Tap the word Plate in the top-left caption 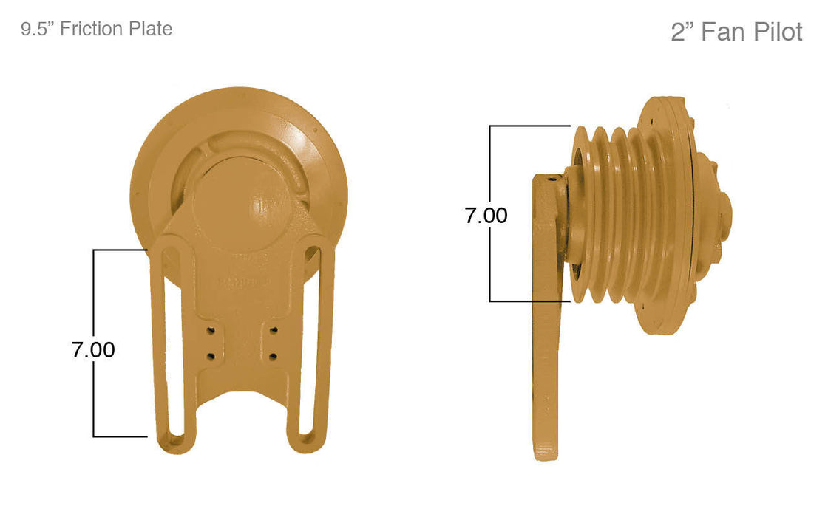point(151,29)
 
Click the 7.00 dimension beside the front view point(93,349)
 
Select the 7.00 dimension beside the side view point(486,216)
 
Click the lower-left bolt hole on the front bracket point(211,356)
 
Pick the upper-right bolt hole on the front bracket point(273,328)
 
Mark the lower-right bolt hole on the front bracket point(273,356)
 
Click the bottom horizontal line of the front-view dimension point(120,436)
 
